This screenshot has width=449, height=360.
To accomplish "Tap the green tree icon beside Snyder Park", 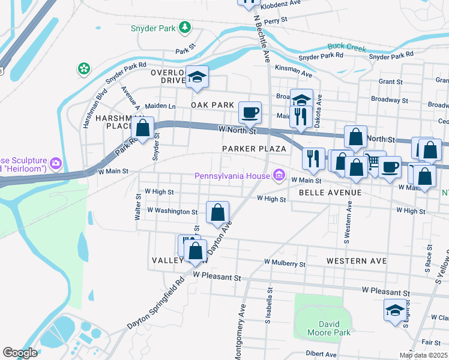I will pos(185,27).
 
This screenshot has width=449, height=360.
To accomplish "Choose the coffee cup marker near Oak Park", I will pos(250,112).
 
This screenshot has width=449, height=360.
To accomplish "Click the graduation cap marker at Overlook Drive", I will pos(197,77).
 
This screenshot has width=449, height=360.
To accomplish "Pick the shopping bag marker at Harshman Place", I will pos(142,128).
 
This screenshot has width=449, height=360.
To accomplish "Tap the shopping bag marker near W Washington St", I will pos(217,212).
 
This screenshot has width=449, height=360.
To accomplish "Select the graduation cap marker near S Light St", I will pos(395,310).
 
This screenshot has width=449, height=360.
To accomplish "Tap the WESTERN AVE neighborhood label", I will pos(357,262).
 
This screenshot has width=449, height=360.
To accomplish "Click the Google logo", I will pos(20,353).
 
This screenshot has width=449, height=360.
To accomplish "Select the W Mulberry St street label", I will pos(285,263).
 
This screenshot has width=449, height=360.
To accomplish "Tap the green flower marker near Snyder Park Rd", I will pos(84,69).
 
